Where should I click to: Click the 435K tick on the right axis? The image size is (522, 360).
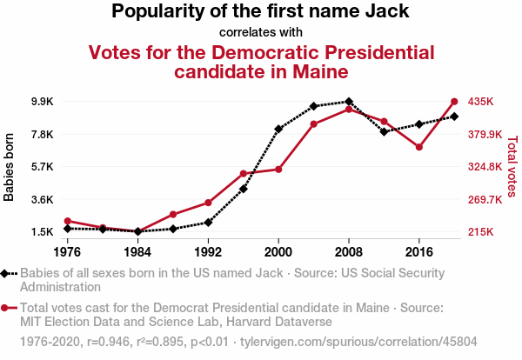480,102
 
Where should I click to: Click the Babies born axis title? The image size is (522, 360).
10,167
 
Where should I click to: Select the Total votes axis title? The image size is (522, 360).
512,167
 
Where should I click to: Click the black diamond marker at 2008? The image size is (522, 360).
348,102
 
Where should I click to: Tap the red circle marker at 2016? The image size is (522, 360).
418,147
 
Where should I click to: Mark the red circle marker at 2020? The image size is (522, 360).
454,101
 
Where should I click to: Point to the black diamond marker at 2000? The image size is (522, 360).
278,129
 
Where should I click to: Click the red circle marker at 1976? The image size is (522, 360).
67,221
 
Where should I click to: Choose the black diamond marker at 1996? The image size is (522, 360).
244,189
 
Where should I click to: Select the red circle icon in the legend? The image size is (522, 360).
8,307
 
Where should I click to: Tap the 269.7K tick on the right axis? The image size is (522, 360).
484,199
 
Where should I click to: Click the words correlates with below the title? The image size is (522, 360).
261,33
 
